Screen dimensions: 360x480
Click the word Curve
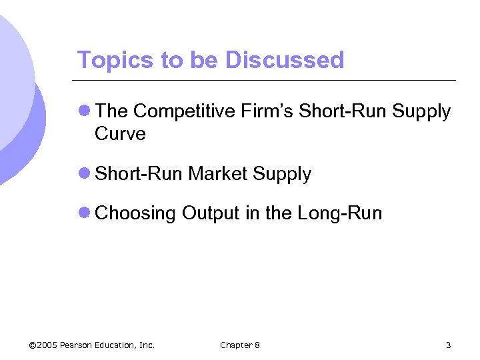coord(120,133)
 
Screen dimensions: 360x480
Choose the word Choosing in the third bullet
coord(136,213)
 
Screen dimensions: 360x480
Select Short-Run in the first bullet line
coord(342,112)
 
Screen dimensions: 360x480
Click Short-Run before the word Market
coord(139,174)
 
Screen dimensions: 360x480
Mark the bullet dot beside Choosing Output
coord(84,213)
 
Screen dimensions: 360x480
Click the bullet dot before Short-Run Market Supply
coord(84,173)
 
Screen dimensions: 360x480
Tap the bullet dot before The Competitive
coord(84,111)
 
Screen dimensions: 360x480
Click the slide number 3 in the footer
coord(449,345)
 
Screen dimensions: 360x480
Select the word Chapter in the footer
coord(235,345)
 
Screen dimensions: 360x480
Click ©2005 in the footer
coord(43,345)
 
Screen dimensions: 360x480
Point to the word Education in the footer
coord(118,345)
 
